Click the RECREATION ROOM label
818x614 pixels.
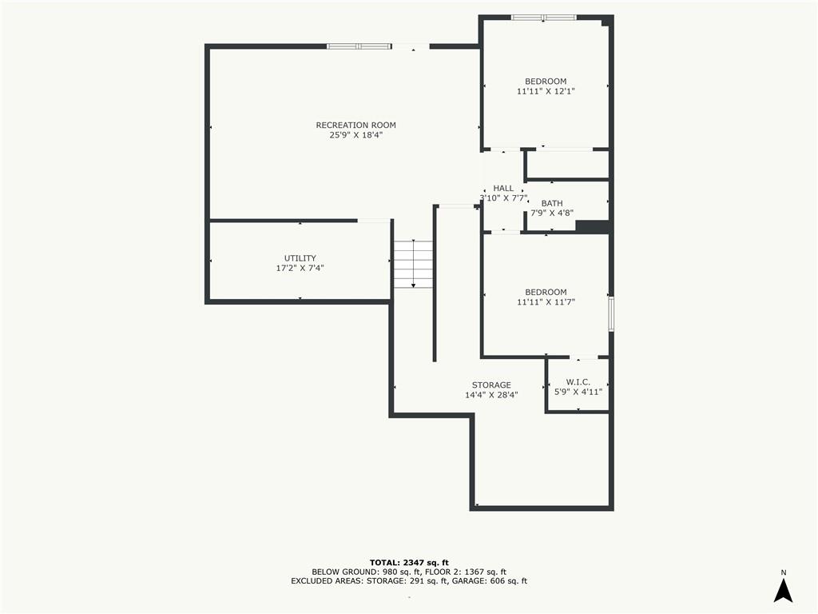[355, 126]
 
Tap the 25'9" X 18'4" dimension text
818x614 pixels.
[355, 135]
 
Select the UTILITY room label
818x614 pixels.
[300, 258]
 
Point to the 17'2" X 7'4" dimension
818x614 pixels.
[300, 269]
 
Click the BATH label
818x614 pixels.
[552, 204]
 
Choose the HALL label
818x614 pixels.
[503, 189]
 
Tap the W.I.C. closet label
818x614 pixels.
[578, 382]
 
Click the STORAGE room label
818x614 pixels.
[491, 385]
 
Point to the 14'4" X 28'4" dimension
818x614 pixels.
[491, 395]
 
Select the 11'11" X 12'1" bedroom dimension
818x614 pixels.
[546, 91]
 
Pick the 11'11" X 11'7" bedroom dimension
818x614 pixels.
[546, 302]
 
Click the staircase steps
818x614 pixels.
[413, 264]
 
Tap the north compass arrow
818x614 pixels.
[783, 591]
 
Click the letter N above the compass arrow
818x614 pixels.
[783, 572]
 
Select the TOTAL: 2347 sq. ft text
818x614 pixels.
[409, 563]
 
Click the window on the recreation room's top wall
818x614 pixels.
[359, 46]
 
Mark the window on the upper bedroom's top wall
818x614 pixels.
[543, 18]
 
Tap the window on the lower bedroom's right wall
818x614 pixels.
[611, 313]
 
